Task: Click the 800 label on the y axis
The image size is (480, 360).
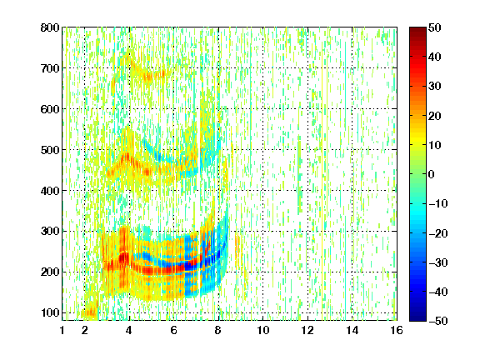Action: pos(50,27)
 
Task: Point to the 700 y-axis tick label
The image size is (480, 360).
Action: pos(50,68)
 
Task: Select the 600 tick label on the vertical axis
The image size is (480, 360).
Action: pos(50,109)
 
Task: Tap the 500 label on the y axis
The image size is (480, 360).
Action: pos(50,150)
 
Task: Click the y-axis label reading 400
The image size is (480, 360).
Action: pos(50,191)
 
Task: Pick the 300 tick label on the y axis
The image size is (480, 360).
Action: pos(50,231)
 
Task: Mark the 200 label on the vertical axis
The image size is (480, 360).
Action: pos(50,272)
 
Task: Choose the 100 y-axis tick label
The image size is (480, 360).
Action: pos(50,312)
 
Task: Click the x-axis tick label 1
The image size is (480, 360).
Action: pos(62,330)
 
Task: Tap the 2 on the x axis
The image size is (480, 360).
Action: pos(85,330)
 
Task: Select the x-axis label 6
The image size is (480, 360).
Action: pos(174,330)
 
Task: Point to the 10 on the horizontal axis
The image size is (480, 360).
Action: pos(263,330)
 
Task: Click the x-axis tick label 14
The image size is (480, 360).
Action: pos(352,330)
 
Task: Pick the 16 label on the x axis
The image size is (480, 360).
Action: pos(397,330)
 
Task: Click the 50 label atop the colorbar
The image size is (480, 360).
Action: pos(434,27)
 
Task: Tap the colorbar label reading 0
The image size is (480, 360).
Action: pos(432,174)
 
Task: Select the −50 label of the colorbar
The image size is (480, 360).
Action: pos(437,321)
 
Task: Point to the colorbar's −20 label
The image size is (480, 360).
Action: pos(437,233)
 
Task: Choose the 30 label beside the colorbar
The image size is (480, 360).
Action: pos(434,87)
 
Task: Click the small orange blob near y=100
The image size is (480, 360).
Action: pos(91,312)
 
